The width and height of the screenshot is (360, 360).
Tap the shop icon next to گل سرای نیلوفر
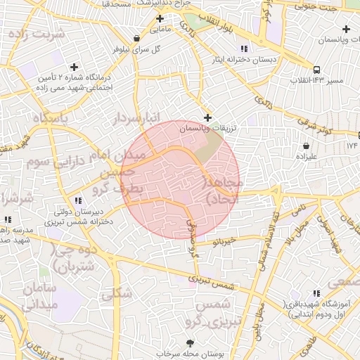click(x=136, y=37)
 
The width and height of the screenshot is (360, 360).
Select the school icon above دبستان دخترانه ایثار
click(x=243, y=49)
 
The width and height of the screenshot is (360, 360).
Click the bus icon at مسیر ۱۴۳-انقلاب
click(x=317, y=70)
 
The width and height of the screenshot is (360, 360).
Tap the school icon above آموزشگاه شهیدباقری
click(x=316, y=292)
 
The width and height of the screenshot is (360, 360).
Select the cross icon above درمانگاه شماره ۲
click(x=75, y=66)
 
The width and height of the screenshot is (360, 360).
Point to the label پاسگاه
click(x=46, y=119)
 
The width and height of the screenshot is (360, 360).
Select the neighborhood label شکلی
click(x=117, y=294)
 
